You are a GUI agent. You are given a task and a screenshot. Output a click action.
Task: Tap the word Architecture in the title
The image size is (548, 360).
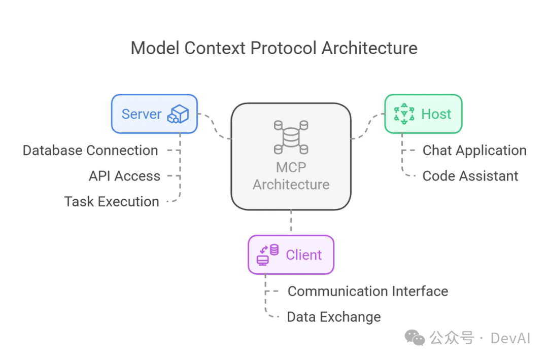click(369, 48)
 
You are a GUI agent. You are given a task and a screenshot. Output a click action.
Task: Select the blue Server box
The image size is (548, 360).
click(154, 114)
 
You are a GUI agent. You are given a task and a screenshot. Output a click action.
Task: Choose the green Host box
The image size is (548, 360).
click(423, 114)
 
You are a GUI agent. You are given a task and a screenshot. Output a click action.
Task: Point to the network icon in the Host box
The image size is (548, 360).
click(404, 114)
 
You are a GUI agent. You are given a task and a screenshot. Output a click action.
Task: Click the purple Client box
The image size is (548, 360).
click(291, 255)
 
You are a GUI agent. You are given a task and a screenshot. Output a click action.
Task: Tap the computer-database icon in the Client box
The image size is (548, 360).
click(268, 255)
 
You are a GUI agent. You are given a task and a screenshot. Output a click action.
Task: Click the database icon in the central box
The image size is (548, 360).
click(291, 137)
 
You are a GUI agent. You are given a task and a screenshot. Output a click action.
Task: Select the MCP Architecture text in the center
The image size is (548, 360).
click(291, 175)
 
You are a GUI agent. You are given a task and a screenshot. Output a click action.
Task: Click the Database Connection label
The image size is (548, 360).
click(90, 151)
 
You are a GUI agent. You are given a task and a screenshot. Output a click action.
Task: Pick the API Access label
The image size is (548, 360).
click(124, 176)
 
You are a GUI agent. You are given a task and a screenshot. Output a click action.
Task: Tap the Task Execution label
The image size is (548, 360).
click(112, 201)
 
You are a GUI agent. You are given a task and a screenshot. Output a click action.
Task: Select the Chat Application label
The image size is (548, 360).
click(474, 151)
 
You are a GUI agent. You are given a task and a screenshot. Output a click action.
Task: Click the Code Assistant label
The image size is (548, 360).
click(470, 176)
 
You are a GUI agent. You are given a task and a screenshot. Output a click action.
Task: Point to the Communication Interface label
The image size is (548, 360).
click(368, 291)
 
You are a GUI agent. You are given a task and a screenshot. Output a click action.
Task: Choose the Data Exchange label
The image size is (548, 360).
click(334, 317)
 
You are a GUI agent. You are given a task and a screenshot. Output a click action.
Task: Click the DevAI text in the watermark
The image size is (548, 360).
click(510, 338)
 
